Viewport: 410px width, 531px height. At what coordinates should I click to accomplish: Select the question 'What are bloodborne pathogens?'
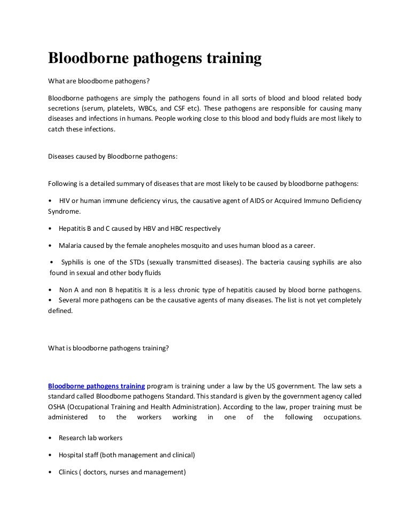coord(94,83)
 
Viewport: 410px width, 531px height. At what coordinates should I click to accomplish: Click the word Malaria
coord(71,245)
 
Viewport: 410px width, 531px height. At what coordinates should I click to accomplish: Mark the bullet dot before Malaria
coord(50,245)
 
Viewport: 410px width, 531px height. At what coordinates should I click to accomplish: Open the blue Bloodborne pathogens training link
coord(97,386)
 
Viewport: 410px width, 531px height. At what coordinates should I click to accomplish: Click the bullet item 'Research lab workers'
coord(91,438)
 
